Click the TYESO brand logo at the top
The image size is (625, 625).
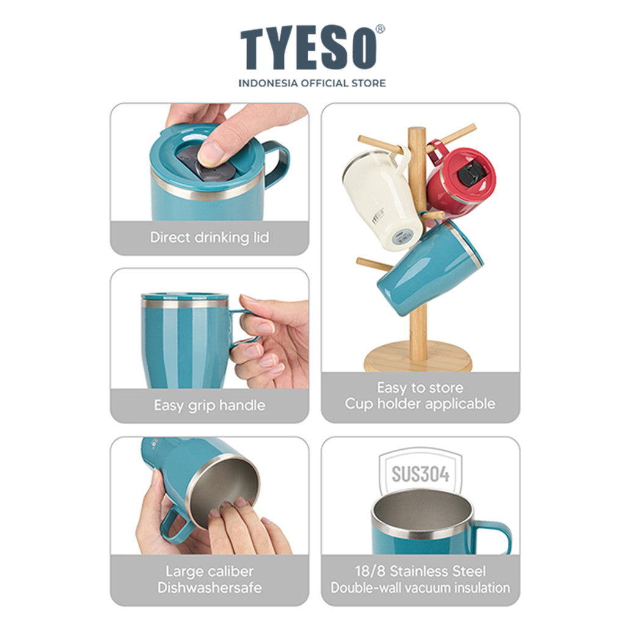pyautogui.click(x=308, y=48)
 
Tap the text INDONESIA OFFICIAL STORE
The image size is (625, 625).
pyautogui.click(x=312, y=83)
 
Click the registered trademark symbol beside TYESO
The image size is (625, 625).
pyautogui.click(x=381, y=29)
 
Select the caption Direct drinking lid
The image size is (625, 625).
pyautogui.click(x=210, y=237)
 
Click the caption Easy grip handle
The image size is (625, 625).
pyautogui.click(x=210, y=405)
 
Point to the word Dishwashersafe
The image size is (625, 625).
pyautogui.click(x=210, y=588)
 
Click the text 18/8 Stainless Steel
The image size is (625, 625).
pyautogui.click(x=421, y=571)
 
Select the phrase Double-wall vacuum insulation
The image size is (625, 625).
pyautogui.click(x=421, y=588)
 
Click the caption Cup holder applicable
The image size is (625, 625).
pyautogui.click(x=421, y=404)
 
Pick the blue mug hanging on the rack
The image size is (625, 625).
pyautogui.click(x=430, y=267)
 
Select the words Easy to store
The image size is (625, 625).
pyautogui.click(x=421, y=388)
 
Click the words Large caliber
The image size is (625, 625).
pyautogui.click(x=210, y=571)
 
